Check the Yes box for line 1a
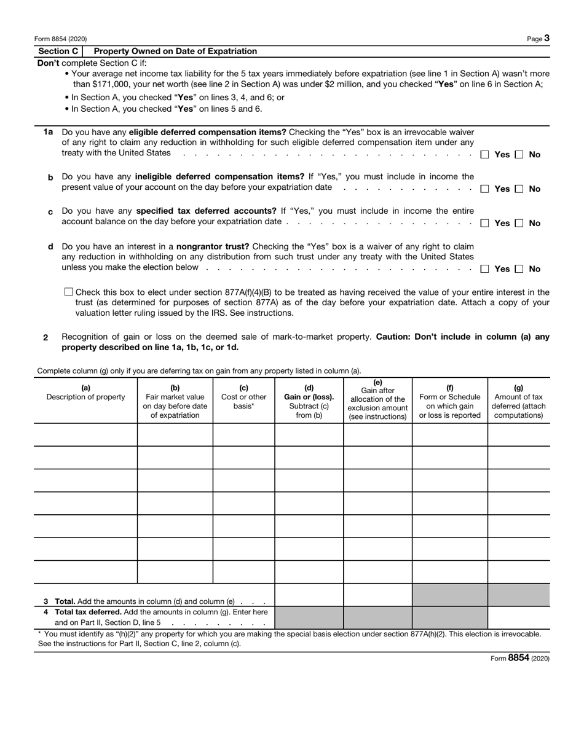484,155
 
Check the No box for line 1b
519,189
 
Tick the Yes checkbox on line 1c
484,224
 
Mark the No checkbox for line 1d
519,269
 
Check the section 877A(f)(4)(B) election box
68,292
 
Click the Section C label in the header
58,52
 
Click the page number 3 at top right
547,38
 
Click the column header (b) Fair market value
175,402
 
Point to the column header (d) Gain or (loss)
309,402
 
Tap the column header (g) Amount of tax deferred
518,402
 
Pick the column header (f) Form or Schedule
449,402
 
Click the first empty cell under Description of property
85,434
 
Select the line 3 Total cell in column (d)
309,595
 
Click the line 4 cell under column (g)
518,617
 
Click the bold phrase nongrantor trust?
213,247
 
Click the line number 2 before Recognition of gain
45,338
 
